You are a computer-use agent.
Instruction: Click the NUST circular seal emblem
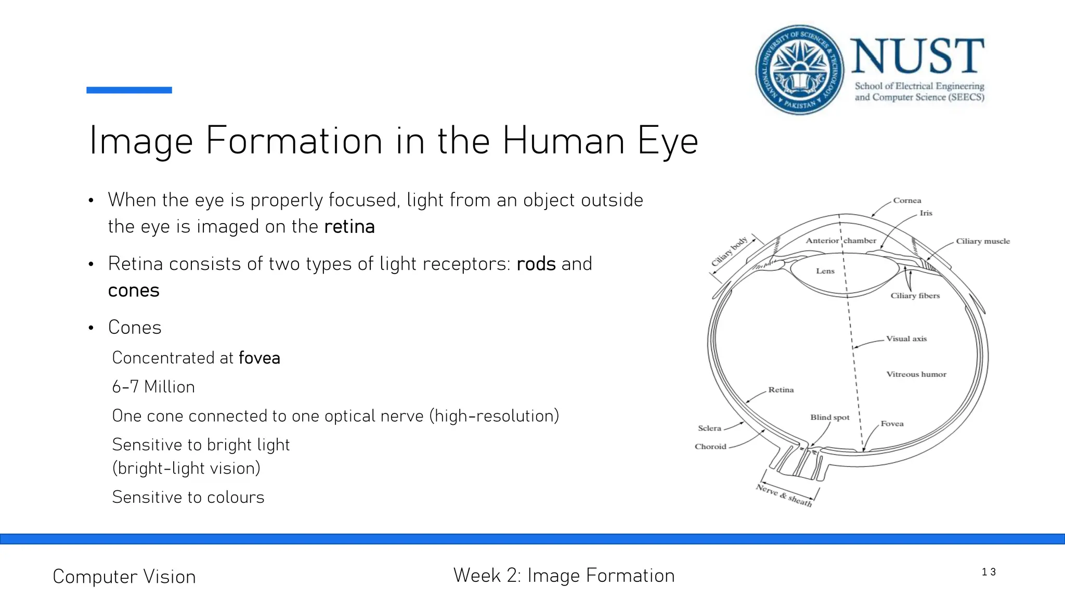coord(799,70)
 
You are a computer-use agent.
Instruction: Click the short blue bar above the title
coord(129,90)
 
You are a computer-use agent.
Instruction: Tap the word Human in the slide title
coord(563,141)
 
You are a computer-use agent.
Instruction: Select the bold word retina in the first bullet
coord(349,227)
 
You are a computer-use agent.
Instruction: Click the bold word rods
coord(536,264)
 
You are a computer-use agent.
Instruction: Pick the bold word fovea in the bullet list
coord(259,358)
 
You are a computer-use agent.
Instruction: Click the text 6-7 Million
coord(153,387)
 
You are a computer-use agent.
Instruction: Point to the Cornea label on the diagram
coord(907,201)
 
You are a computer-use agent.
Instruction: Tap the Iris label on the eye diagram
coord(926,213)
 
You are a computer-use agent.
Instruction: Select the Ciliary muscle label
coord(982,241)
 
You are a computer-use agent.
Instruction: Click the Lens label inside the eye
coord(825,271)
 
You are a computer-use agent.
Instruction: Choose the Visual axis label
coord(906,338)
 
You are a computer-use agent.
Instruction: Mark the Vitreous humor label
coord(916,374)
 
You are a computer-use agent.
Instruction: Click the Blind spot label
coord(829,418)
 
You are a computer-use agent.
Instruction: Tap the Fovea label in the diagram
coord(892,424)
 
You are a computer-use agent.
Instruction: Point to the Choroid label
coord(710,447)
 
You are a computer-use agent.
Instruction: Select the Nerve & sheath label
coord(784,496)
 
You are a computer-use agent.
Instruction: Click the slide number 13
coord(988,572)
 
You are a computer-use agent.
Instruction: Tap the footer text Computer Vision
coord(124,577)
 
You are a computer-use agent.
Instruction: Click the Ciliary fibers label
coord(915,296)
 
